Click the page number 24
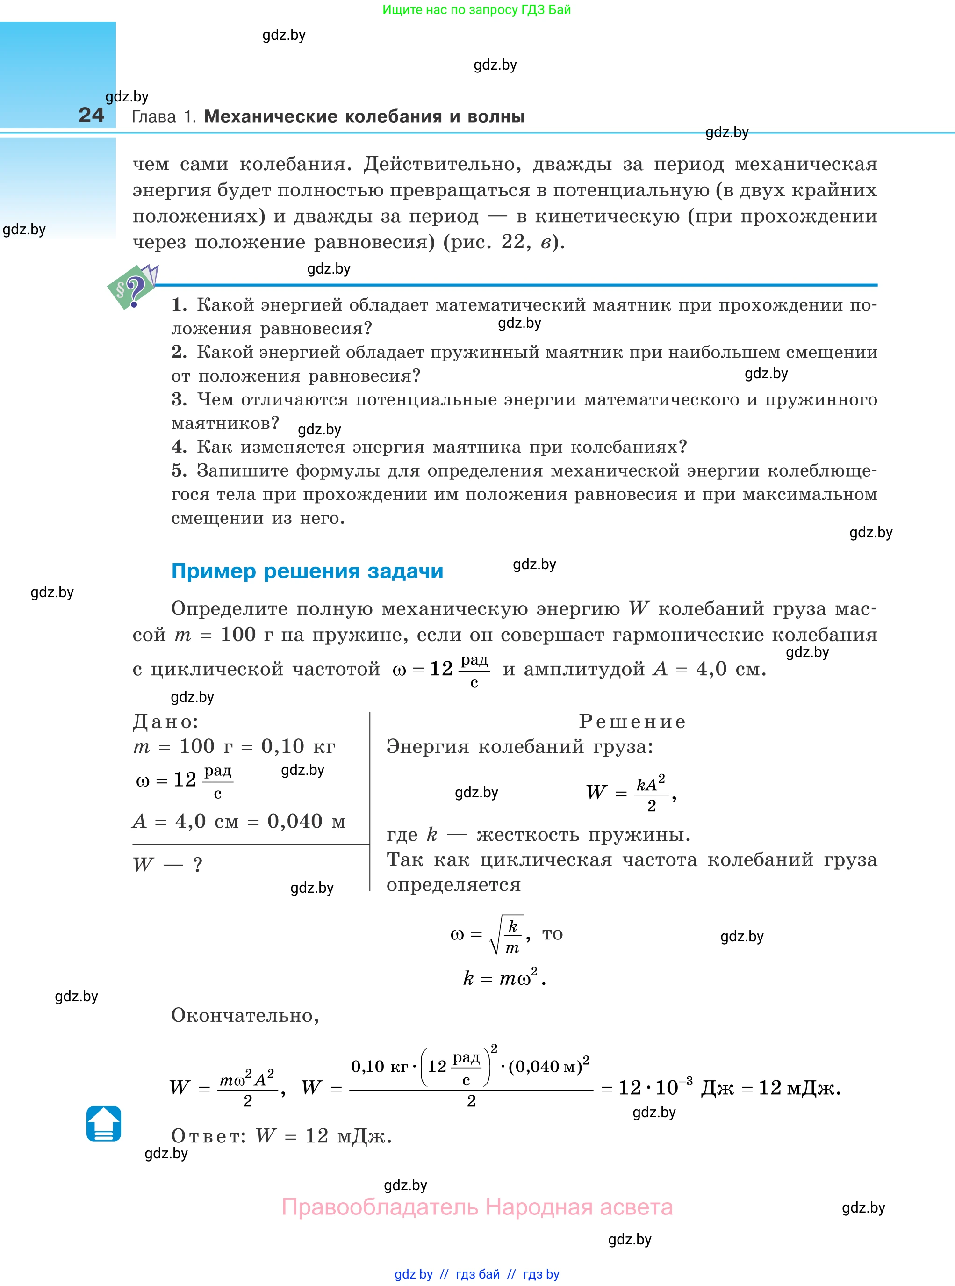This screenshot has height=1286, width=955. (x=91, y=115)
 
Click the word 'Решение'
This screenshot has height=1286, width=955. (x=632, y=721)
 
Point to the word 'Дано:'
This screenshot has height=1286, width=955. (x=165, y=721)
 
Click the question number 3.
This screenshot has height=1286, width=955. (x=179, y=399)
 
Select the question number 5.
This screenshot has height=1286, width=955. (x=179, y=471)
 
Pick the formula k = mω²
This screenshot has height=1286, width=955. (x=504, y=978)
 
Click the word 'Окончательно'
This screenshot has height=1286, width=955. (x=244, y=1015)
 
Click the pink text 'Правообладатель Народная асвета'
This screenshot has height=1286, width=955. (x=477, y=1207)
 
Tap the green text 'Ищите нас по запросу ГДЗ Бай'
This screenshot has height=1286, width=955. (x=476, y=9)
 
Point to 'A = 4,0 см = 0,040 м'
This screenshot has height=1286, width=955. (x=239, y=821)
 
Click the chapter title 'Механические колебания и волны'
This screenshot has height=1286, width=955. (x=364, y=116)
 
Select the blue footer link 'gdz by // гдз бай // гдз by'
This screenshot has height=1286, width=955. (x=476, y=1274)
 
